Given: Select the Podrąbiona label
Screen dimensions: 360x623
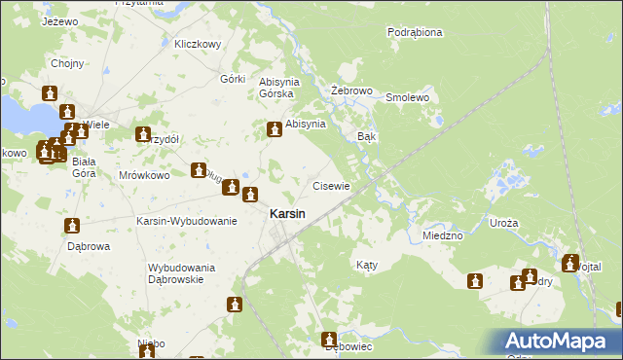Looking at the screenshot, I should click(x=415, y=32).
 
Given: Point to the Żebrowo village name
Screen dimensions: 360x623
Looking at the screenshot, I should click(x=352, y=90).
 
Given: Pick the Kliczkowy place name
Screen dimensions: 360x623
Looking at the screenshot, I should click(x=199, y=44).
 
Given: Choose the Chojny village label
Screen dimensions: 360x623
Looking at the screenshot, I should click(x=67, y=64).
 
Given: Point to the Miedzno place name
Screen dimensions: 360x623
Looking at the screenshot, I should click(x=443, y=235).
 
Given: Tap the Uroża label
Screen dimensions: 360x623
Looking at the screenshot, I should click(x=504, y=223).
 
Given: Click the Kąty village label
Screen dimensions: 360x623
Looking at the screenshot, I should click(x=366, y=265).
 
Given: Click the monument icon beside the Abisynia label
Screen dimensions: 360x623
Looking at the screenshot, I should click(x=274, y=127).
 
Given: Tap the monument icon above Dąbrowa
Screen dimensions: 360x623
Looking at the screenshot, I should click(x=72, y=227).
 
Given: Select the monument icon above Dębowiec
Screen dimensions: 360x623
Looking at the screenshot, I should click(x=329, y=340).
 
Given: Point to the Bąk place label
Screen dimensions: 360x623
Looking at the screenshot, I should click(x=367, y=137).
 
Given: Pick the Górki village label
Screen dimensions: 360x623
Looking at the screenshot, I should click(x=233, y=78).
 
